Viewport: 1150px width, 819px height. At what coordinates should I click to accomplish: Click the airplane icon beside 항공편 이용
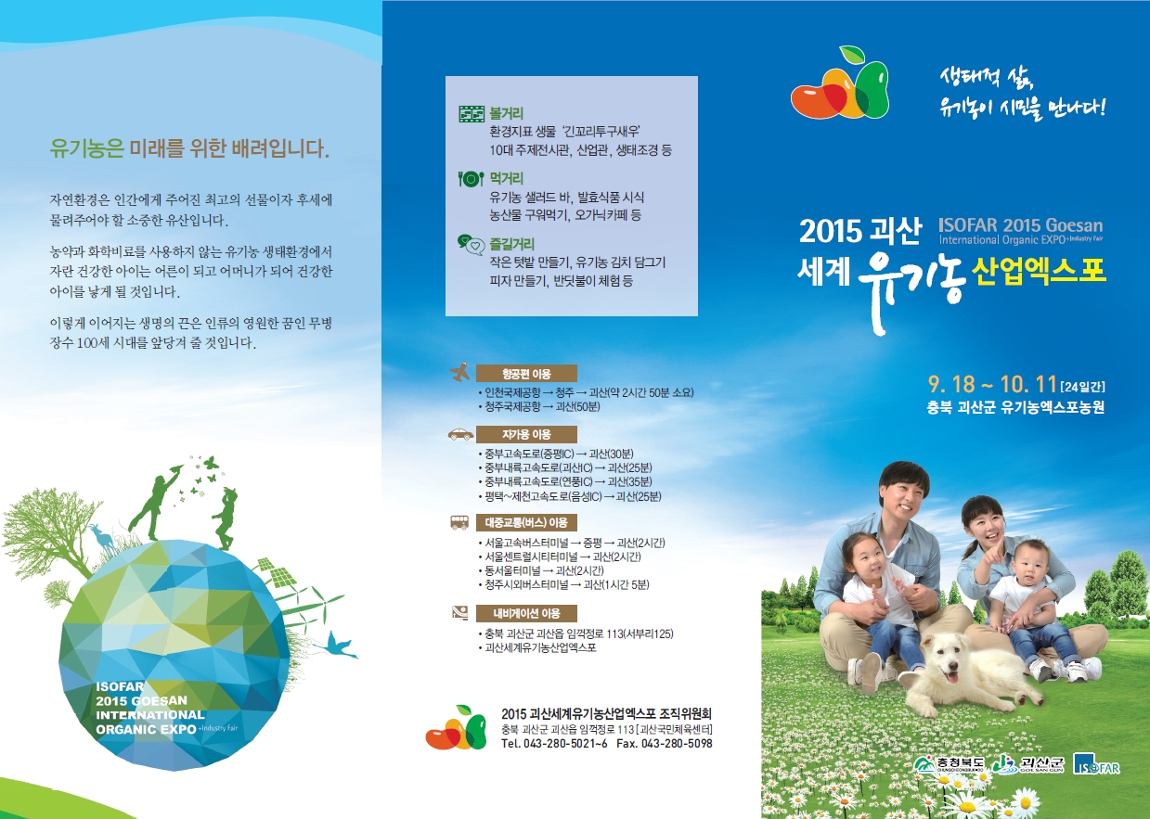[459, 372]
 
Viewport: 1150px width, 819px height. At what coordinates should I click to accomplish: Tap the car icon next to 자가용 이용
[460, 434]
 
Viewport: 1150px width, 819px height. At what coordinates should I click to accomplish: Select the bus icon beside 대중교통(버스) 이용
[459, 522]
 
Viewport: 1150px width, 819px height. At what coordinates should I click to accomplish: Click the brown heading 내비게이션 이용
[526, 613]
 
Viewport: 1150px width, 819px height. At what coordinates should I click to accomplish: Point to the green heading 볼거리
[506, 113]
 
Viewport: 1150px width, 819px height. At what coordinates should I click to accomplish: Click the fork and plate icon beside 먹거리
[471, 179]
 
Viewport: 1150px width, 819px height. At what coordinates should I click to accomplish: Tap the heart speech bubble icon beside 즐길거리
[472, 244]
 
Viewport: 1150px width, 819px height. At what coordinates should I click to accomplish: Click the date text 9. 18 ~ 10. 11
[992, 384]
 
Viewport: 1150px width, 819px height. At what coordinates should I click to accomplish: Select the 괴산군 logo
[1028, 764]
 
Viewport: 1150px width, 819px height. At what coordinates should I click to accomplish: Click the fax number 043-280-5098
[677, 744]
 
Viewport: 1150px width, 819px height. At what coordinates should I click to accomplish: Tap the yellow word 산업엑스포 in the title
[1038, 271]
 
